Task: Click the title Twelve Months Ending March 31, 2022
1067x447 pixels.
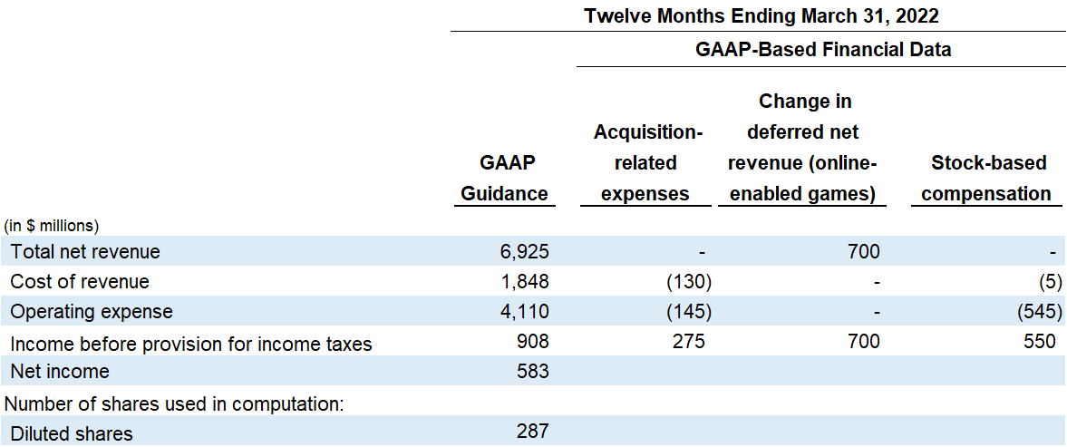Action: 760,15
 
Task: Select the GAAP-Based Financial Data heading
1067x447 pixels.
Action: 823,50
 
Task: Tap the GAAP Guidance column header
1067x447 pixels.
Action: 504,179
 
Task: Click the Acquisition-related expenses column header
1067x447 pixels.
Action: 647,163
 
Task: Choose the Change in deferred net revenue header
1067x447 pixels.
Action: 805,148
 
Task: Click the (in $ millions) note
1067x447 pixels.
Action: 52,225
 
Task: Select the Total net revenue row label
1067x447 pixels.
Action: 85,252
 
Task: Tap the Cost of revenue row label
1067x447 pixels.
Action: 80,282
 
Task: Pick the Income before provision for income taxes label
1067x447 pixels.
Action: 191,344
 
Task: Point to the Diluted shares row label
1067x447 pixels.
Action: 72,433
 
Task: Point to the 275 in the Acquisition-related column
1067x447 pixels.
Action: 688,342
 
